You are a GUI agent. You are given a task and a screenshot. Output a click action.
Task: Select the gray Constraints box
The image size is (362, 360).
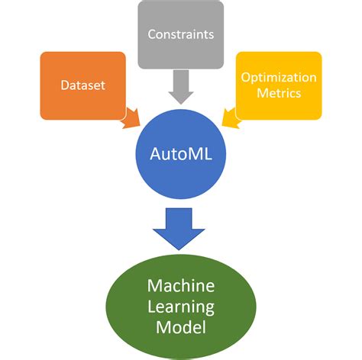click(180, 35)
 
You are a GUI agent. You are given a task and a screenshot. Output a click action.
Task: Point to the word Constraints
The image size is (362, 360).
click(180, 35)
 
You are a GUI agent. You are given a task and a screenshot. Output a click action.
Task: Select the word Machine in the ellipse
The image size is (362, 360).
click(182, 287)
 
